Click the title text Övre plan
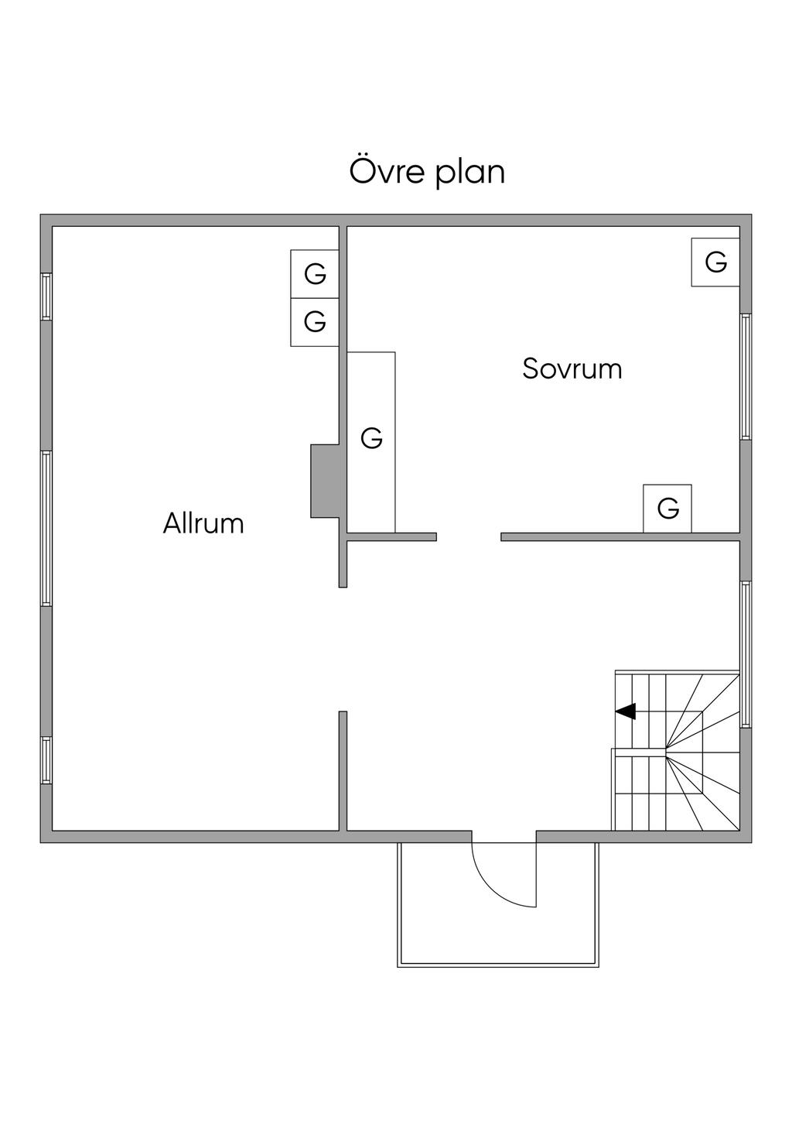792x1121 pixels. [427, 172]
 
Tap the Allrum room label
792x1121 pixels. [203, 524]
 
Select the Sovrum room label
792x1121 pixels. [572, 369]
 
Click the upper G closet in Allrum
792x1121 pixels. [315, 274]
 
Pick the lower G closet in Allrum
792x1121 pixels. [315, 321]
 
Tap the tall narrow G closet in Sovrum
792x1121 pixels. [371, 439]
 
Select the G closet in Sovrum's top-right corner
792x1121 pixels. [715, 262]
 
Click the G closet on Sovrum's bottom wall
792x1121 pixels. [667, 509]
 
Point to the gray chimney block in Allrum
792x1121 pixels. [325, 481]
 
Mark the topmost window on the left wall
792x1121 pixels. [46, 297]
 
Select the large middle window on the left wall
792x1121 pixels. [46, 529]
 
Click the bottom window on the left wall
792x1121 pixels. [46, 760]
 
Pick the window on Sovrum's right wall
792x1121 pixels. [746, 377]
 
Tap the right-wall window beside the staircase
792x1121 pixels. [746, 654]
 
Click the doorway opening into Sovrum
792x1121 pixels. [469, 537]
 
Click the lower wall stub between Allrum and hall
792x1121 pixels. [343, 770]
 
